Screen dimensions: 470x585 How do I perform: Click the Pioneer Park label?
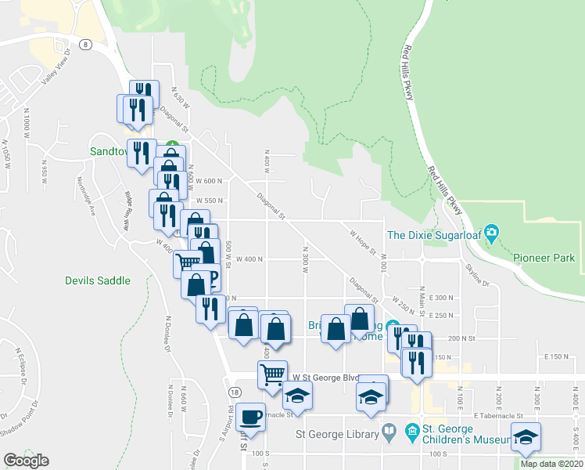[544, 258]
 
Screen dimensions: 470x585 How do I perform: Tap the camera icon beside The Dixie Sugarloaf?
[491, 233]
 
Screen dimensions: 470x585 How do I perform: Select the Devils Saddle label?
[98, 280]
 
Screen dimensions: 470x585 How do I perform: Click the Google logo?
[26, 461]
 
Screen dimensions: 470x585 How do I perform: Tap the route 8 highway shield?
[84, 45]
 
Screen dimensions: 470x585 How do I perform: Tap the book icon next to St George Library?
[389, 432]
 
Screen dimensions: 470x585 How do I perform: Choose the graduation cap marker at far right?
[526, 436]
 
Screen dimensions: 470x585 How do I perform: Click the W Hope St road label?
[363, 240]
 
